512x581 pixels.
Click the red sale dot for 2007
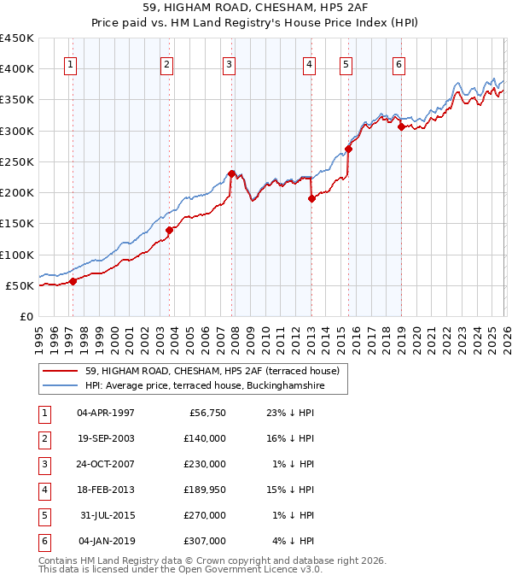pyautogui.click(x=231, y=173)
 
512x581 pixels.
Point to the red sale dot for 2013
pyautogui.click(x=311, y=198)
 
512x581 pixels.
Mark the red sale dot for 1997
pyautogui.click(x=73, y=280)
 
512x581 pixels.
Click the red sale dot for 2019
pyautogui.click(x=400, y=126)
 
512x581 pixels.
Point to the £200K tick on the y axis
pyautogui.click(x=17, y=192)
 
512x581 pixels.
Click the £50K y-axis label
pyautogui.click(x=20, y=285)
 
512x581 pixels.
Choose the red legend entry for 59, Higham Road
pyautogui.click(x=212, y=371)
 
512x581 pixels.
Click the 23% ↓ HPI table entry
pyautogui.click(x=291, y=412)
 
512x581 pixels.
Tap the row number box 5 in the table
pyautogui.click(x=42, y=515)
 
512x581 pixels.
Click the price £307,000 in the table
pyautogui.click(x=205, y=541)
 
